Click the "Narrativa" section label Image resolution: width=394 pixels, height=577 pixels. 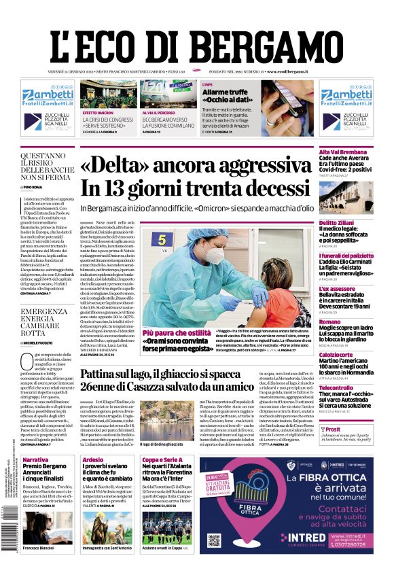tap(35, 460)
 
